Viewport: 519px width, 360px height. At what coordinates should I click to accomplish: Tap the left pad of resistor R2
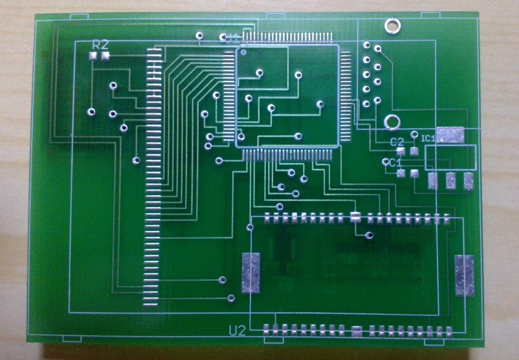[93, 56]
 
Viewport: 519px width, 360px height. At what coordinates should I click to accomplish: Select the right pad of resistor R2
[105, 56]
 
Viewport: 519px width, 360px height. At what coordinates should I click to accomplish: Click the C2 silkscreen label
[397, 141]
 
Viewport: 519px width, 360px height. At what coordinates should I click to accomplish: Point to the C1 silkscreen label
[395, 162]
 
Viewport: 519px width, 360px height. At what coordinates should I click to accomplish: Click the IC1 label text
[428, 138]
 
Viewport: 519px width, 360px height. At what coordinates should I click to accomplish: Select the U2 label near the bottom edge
[237, 331]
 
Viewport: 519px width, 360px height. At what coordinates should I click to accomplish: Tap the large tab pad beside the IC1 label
[450, 135]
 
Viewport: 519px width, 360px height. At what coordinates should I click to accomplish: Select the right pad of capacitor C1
[415, 174]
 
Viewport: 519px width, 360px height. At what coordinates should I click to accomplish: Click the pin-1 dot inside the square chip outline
[243, 53]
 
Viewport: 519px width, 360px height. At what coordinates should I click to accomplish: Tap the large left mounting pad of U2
[251, 273]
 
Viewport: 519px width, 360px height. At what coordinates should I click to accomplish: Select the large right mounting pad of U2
[465, 275]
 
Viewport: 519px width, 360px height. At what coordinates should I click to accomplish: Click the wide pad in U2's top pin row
[355, 217]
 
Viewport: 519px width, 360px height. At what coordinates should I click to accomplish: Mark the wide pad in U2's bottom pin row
[357, 331]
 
